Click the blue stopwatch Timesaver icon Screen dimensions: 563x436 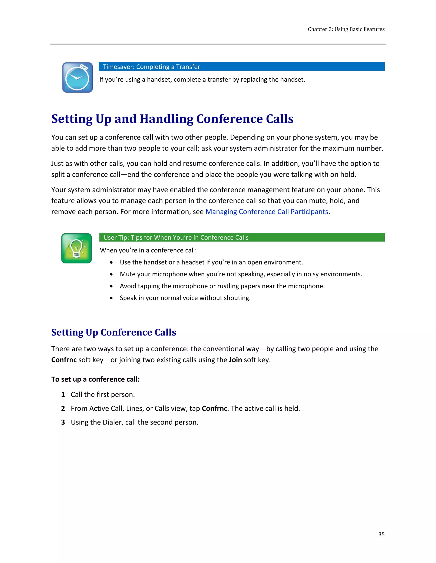pos(77,77)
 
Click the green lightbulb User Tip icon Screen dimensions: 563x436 pos(76,248)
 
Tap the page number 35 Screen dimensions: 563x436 pos(381,534)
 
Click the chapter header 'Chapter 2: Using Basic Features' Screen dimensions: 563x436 pos(346,29)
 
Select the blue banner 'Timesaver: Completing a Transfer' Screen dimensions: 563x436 pos(241,66)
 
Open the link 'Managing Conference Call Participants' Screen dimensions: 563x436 pos(267,212)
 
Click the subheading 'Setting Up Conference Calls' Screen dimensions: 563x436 pos(114,332)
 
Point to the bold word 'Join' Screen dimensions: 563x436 pos(235,360)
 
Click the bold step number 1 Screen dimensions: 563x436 pos(63,395)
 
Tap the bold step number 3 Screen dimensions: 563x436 pos(63,422)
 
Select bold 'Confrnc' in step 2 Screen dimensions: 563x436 pos(214,409)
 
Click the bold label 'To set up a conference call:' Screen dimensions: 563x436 pos(95,379)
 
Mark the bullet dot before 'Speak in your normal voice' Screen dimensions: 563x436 pos(111,298)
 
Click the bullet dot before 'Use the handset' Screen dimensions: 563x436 pos(111,262)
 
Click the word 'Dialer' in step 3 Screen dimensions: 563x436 pos(112,422)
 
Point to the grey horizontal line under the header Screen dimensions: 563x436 pos(218,44)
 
